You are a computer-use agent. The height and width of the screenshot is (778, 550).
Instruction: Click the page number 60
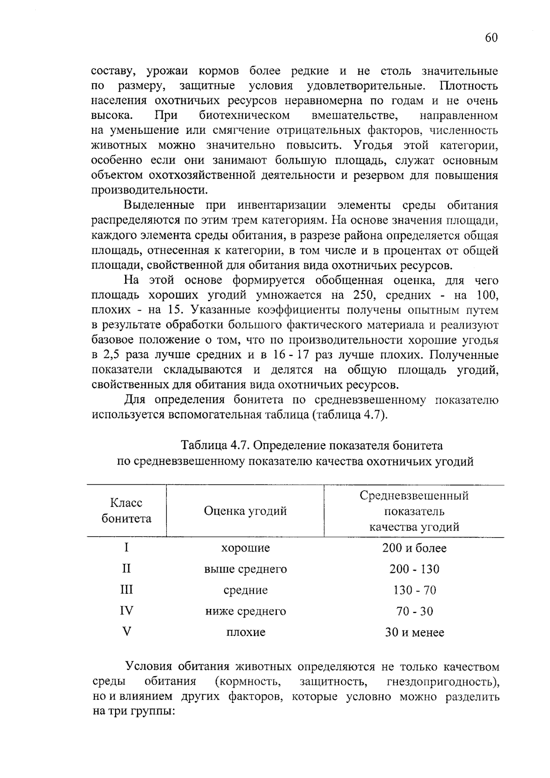click(491, 38)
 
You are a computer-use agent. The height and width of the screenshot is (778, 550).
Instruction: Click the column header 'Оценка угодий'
click(245, 511)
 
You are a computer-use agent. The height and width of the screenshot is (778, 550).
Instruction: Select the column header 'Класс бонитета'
click(126, 510)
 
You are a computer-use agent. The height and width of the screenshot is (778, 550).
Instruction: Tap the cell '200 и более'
click(414, 548)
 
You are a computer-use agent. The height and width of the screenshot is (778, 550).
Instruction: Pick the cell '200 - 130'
click(414, 569)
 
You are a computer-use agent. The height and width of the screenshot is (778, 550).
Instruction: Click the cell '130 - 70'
click(414, 590)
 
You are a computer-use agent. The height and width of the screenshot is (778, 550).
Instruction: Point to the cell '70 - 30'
click(414, 611)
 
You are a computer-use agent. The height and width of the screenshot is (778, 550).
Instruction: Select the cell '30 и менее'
click(414, 633)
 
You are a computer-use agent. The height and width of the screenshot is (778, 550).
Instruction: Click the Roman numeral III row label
click(126, 589)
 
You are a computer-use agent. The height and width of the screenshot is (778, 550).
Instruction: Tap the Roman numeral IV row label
click(126, 610)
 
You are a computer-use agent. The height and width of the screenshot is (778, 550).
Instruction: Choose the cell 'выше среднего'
click(245, 569)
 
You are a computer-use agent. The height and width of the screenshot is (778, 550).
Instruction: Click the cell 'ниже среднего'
click(245, 611)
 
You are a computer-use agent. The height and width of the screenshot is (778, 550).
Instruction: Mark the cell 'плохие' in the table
click(245, 633)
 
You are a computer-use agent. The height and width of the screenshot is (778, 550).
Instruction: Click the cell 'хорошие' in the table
click(245, 548)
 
